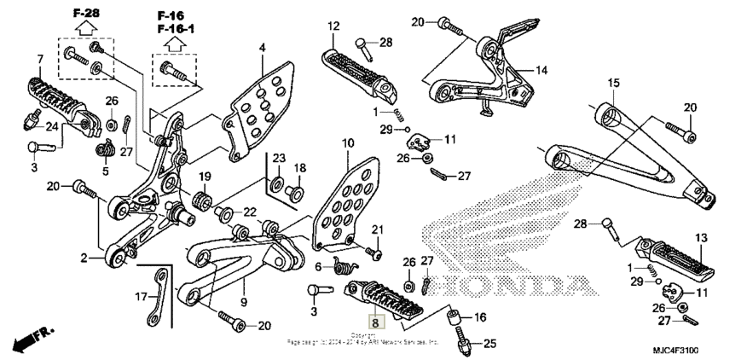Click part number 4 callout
[263, 47]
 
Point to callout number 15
[613, 83]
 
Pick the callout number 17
[142, 298]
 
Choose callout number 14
[541, 70]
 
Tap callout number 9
[243, 300]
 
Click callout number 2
[84, 256]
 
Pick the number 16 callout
[479, 317]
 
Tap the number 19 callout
[205, 177]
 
